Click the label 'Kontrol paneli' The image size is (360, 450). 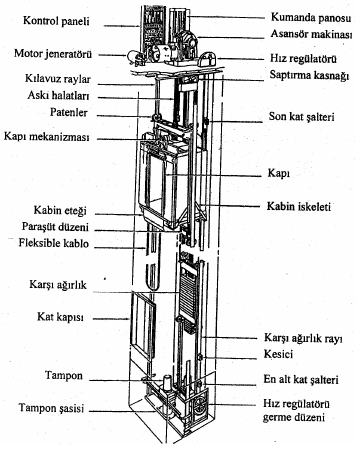(56, 21)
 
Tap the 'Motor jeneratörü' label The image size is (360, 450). (53, 53)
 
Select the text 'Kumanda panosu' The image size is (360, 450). (311, 17)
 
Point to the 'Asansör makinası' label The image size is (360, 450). (311, 34)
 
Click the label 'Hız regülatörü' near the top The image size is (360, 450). (303, 59)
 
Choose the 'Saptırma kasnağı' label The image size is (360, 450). (309, 75)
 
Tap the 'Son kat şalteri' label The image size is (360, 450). (301, 117)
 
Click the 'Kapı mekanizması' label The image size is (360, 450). (46, 137)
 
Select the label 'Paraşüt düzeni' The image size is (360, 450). (55, 227)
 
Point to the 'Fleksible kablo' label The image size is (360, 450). (54, 243)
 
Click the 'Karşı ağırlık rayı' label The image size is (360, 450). (303, 338)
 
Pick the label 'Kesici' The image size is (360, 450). (278, 354)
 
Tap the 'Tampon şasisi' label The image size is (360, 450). (51, 408)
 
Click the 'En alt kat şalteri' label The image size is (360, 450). (301, 379)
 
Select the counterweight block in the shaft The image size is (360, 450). (188, 293)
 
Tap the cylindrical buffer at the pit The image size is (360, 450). (167, 383)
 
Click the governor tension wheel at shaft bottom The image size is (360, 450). (200, 404)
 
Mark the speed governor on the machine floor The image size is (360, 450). (207, 59)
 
